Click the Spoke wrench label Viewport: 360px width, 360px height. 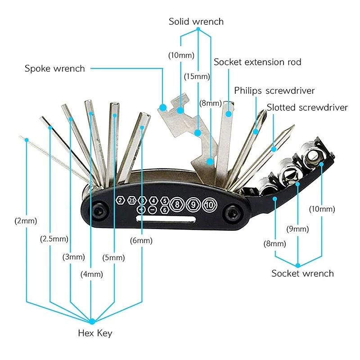54,69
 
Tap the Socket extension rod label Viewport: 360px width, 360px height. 257,62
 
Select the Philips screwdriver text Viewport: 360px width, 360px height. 274,91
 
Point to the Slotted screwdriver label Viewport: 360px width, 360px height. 307,108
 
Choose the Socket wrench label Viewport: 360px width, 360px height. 302,273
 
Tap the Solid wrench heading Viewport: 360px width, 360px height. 196,22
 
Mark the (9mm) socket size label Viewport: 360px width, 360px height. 297,229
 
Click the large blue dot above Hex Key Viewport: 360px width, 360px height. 92,321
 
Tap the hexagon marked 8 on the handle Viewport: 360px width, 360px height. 178,204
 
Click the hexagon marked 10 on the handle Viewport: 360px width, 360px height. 209,204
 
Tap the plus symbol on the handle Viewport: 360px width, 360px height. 141,210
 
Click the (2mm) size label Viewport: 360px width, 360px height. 26,221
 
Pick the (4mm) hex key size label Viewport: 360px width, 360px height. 92,274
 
